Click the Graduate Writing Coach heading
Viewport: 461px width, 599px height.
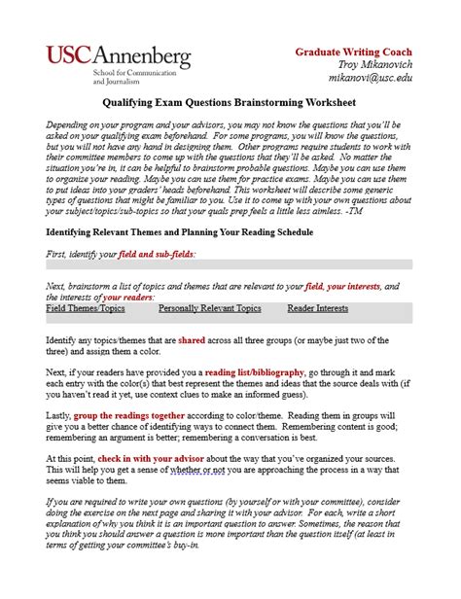368,52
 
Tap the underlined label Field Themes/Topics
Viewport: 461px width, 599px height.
86,308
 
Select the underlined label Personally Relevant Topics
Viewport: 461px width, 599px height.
209,308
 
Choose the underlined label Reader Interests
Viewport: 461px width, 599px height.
317,308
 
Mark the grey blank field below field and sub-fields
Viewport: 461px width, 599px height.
230,264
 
